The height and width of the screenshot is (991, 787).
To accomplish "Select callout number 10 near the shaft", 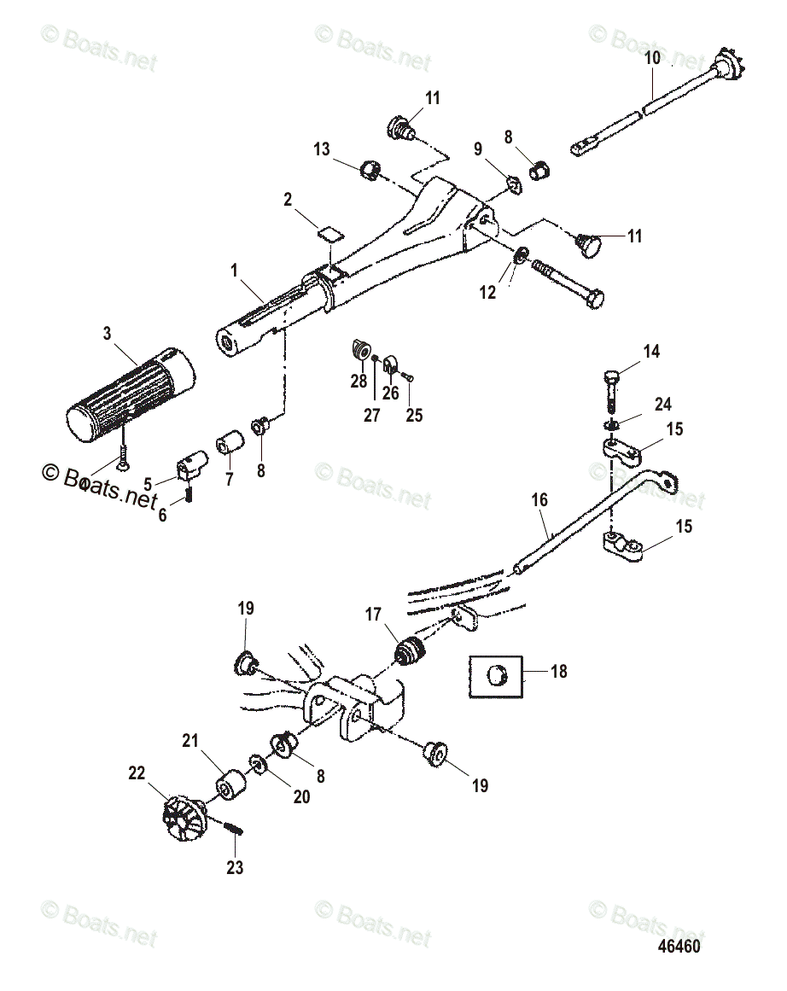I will pos(652,59).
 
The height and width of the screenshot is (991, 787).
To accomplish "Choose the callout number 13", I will pos(321,150).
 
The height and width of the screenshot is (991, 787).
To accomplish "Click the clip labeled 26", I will pos(391,367).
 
